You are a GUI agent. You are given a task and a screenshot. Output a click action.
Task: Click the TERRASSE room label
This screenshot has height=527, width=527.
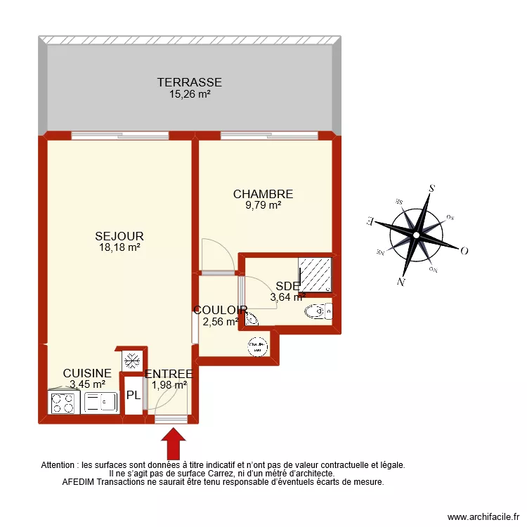point(190,83)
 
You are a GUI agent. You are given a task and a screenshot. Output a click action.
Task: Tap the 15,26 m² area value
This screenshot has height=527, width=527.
point(190,93)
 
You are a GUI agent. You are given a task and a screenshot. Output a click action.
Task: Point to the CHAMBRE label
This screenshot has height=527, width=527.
point(263,194)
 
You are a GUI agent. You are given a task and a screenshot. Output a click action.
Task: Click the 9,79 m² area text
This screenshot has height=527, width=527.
point(263,205)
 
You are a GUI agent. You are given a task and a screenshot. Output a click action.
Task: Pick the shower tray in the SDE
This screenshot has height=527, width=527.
point(315,275)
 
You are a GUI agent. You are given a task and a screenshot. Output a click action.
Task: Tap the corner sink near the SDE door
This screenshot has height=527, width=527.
point(250,318)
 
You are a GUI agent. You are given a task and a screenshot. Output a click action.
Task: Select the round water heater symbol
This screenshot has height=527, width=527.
point(258,346)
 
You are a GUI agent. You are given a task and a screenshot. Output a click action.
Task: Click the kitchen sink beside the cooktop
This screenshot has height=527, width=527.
point(100,403)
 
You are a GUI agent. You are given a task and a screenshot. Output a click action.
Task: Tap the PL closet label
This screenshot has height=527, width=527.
point(133,395)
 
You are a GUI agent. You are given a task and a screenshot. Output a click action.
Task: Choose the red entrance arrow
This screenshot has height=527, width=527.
point(173,444)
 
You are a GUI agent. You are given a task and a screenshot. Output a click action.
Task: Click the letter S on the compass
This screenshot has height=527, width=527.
point(431,188)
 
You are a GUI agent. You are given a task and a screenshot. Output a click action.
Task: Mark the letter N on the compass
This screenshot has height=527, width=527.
point(401,282)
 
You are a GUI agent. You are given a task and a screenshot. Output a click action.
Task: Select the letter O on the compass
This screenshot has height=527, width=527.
point(464,251)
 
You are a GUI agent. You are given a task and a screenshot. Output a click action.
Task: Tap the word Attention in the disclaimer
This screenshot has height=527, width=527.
point(61,465)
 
